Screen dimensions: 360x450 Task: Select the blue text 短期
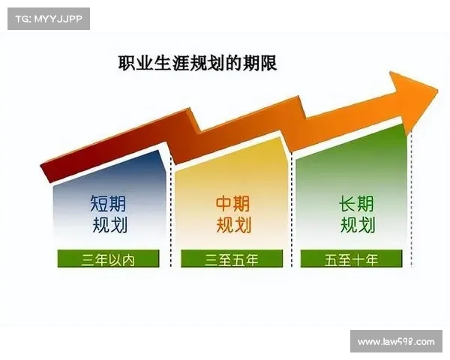click(x=109, y=203)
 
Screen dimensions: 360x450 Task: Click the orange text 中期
click(x=232, y=203)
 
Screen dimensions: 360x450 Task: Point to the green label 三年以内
click(x=109, y=260)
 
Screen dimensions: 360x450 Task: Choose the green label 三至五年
click(x=231, y=260)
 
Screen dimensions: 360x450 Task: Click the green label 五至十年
click(x=352, y=260)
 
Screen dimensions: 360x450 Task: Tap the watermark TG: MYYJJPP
click(x=48, y=18)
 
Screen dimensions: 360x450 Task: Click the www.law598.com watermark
click(x=395, y=342)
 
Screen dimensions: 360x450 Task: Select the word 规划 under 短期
click(x=109, y=225)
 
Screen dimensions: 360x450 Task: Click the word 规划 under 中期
click(x=233, y=225)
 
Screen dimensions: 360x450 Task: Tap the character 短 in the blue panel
click(x=100, y=203)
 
